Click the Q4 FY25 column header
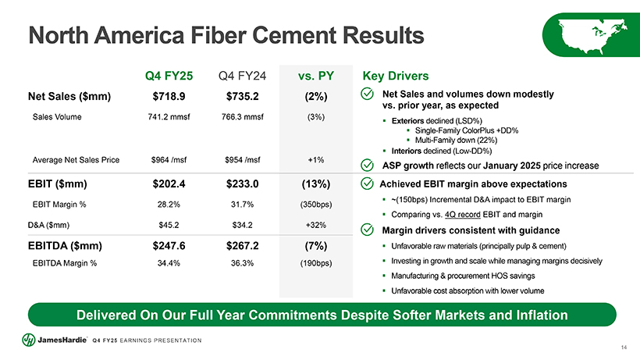169,76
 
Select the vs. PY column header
316,76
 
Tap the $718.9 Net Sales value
169,96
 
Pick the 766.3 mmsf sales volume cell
243,116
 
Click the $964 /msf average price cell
169,160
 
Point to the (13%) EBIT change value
316,184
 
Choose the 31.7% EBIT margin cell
243,205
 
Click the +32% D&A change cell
316,225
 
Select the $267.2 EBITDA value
243,246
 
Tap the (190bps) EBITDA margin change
316,263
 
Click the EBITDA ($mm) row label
65,246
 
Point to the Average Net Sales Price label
76,160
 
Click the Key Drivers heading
396,76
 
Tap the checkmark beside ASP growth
368,166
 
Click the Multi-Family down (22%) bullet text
456,141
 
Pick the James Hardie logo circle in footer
29,340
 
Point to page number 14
624,348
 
